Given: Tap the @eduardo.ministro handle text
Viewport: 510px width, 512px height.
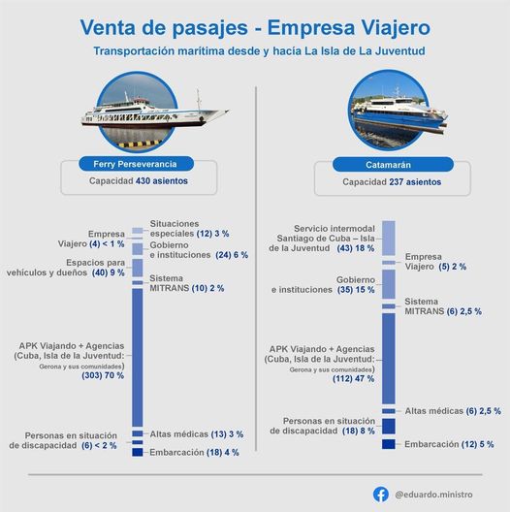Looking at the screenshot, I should [x=435, y=494].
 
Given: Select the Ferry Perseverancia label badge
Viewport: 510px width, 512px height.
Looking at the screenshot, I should [x=136, y=164].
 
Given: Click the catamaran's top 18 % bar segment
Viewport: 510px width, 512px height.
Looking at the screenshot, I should [x=388, y=238].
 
